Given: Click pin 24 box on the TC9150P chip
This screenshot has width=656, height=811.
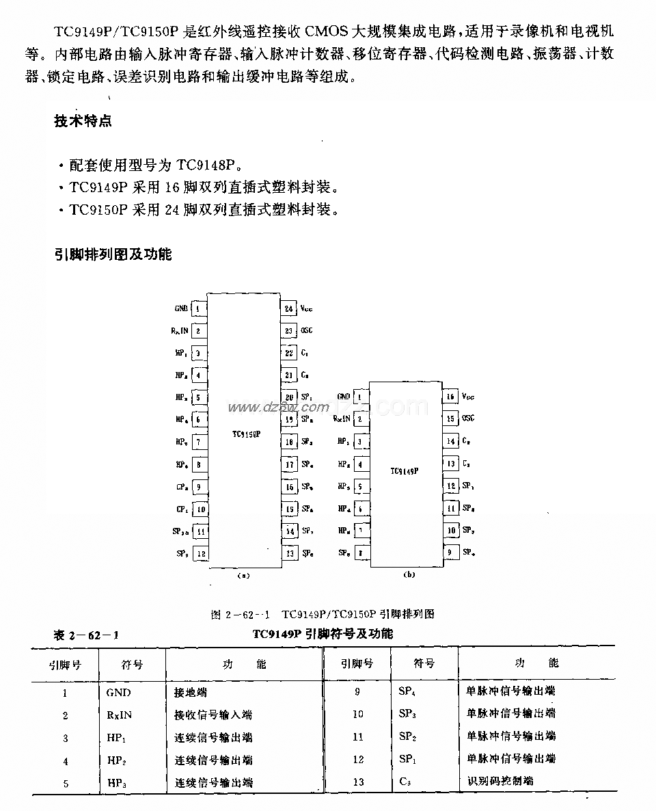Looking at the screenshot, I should (288, 308).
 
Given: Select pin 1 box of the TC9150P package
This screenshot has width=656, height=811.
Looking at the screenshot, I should (199, 308).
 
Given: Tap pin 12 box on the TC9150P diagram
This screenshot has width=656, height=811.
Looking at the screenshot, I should (200, 553).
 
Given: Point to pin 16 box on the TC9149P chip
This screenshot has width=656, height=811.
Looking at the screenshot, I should (450, 397).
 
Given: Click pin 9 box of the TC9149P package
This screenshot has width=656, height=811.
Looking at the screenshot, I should (450, 553).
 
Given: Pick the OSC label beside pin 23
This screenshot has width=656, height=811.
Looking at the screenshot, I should (307, 331).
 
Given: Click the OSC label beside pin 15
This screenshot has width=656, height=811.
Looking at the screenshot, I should (468, 418).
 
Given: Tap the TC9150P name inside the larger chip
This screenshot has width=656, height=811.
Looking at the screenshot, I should (245, 434).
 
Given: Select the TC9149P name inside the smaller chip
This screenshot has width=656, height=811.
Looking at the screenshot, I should (405, 471).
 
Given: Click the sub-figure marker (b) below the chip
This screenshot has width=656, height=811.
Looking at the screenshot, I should (409, 575).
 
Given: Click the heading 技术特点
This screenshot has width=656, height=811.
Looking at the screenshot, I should (83, 122).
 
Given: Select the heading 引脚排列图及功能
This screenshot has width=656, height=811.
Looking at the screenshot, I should (113, 254).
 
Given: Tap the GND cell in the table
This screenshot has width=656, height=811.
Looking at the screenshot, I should (118, 692).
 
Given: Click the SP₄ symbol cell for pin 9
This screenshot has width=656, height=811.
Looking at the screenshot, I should (407, 691).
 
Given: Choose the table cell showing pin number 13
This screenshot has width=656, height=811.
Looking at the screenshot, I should (358, 782).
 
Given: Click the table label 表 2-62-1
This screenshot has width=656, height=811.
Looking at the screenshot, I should (87, 635).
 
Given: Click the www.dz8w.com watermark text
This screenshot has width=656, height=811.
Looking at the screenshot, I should (267, 408).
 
